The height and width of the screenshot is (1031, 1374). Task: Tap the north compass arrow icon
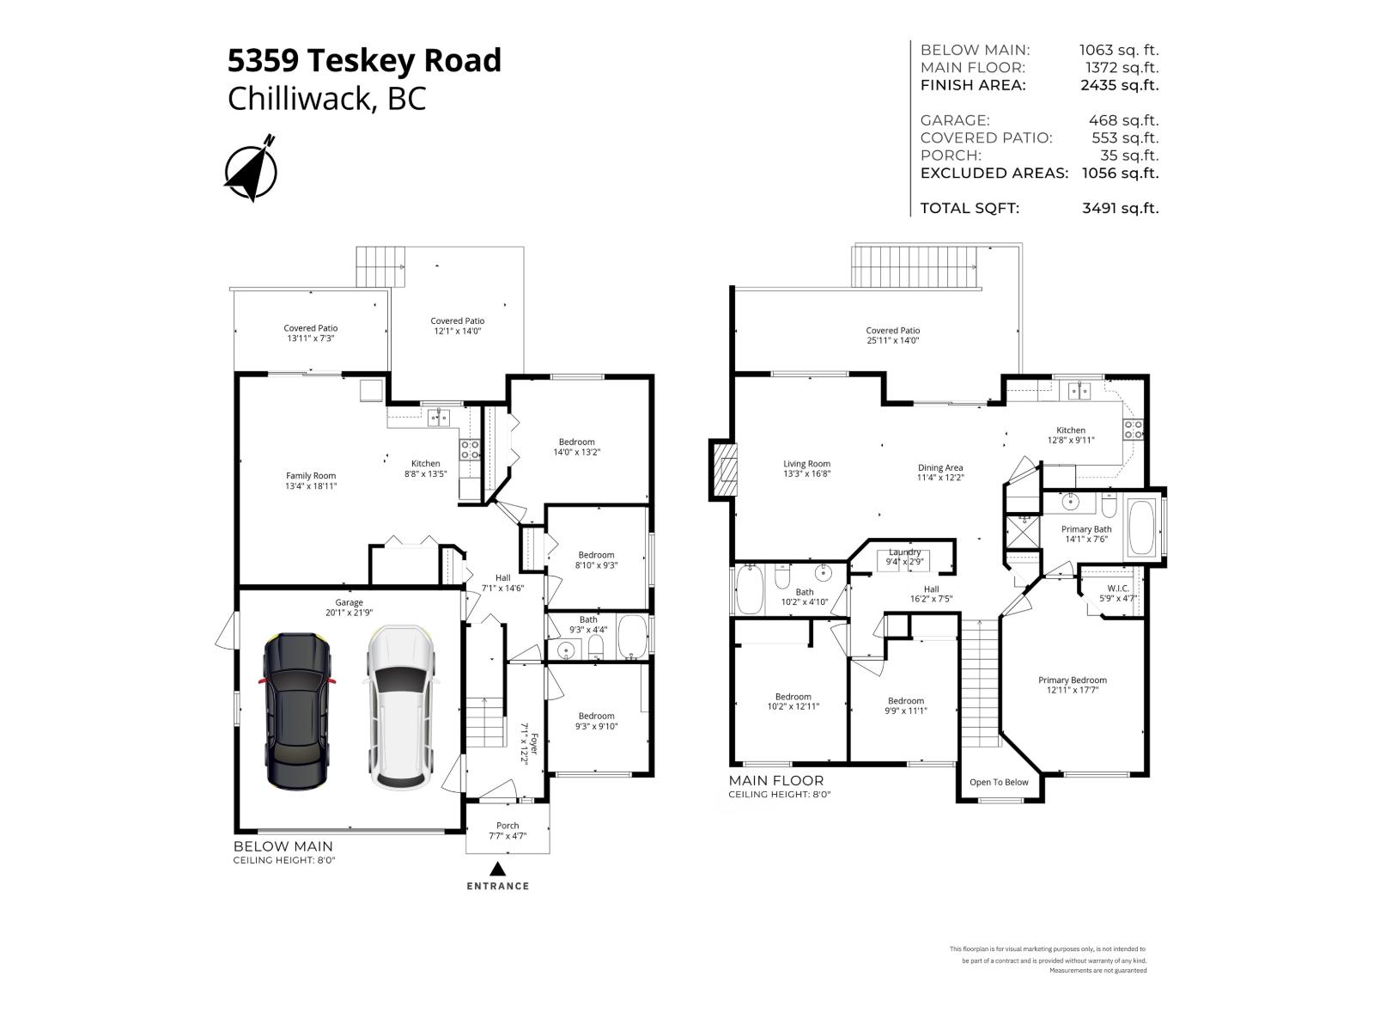pyautogui.click(x=251, y=168)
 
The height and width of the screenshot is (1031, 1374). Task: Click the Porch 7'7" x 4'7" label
pyautogui.click(x=508, y=830)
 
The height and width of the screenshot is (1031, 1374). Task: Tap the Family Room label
pyautogui.click(x=311, y=480)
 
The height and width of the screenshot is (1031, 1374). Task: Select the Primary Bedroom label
pyautogui.click(x=1072, y=684)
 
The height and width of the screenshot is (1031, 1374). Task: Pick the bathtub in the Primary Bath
pyautogui.click(x=1141, y=528)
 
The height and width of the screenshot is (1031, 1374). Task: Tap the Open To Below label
pyautogui.click(x=999, y=782)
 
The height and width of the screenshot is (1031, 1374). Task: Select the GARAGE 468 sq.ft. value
pyautogui.click(x=1123, y=120)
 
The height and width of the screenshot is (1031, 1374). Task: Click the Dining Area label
pyautogui.click(x=939, y=473)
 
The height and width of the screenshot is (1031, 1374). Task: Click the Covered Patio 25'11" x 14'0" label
pyautogui.click(x=892, y=335)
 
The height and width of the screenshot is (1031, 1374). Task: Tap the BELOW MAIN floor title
pyautogui.click(x=272, y=846)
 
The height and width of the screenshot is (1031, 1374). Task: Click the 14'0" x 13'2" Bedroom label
pyautogui.click(x=576, y=447)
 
